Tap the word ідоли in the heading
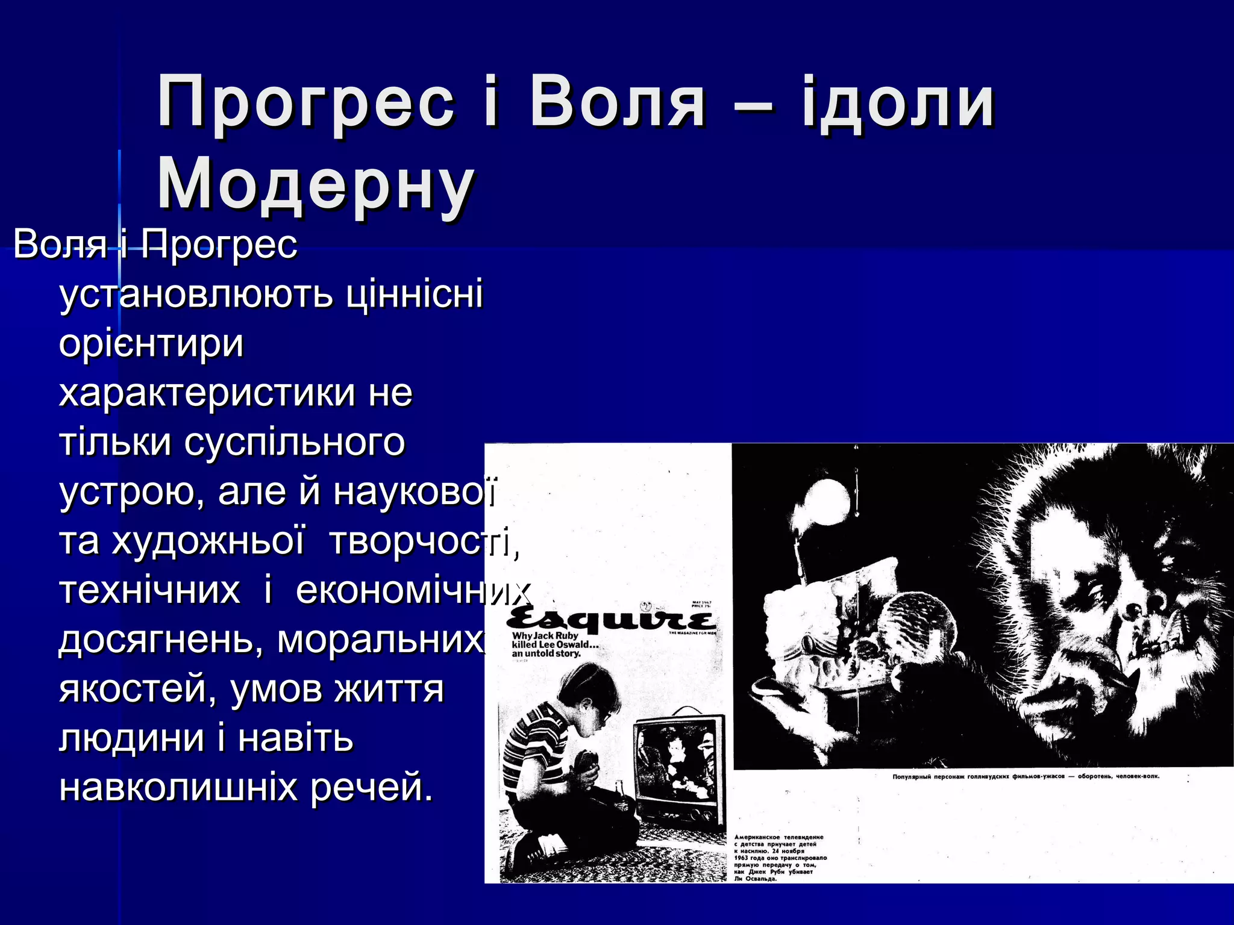pos(897,102)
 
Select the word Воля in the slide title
pos(617,102)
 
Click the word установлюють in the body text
pos(196,294)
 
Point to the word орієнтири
pos(151,344)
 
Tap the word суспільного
pos(295,443)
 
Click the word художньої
pos(208,541)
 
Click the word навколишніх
pos(178,787)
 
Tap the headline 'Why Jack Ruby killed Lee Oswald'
pos(551,644)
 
